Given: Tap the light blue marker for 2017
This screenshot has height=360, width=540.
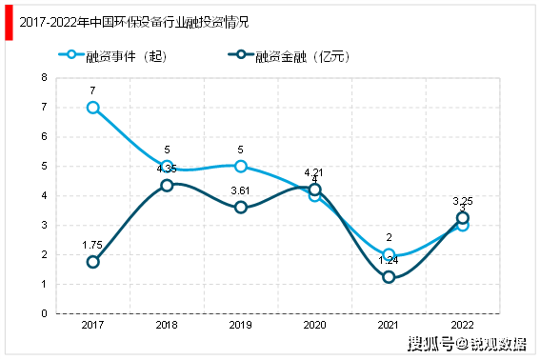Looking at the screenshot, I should (x=92, y=108).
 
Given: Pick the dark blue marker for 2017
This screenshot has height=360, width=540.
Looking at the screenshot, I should (x=92, y=262).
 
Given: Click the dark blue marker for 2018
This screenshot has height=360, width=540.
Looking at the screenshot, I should (x=167, y=185).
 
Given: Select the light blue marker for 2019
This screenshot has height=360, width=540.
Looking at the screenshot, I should (x=241, y=167).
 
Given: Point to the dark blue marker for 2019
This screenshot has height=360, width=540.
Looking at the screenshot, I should (x=241, y=207).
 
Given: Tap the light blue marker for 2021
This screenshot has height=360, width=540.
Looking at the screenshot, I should (x=389, y=254).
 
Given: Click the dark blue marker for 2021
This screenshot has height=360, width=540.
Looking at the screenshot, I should (x=389, y=277).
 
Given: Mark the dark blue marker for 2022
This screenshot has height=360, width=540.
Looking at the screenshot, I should (x=463, y=218).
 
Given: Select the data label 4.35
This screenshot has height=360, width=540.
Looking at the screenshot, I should (x=167, y=169).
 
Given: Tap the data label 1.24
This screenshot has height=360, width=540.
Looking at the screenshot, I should (x=389, y=260).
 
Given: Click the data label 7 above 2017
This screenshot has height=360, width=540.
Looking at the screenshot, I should (x=92, y=90).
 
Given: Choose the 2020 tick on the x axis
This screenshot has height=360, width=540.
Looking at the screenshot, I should (x=315, y=325).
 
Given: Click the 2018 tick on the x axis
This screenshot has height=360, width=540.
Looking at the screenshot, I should (x=167, y=325).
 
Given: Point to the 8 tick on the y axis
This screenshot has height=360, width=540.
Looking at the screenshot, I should (x=44, y=78).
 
